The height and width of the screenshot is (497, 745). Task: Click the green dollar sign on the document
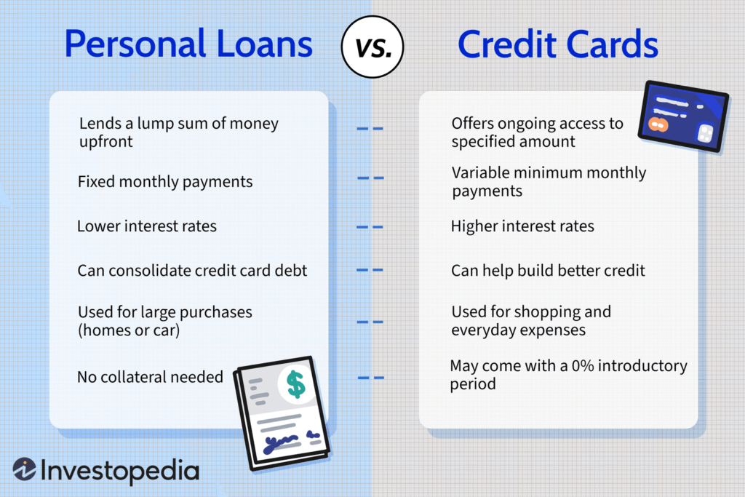(x=295, y=384)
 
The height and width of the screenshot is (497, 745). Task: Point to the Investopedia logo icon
(x=25, y=470)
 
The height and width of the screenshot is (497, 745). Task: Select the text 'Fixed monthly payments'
(x=165, y=182)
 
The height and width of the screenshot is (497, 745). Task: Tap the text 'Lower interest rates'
(x=147, y=226)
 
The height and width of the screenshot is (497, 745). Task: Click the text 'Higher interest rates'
(x=522, y=226)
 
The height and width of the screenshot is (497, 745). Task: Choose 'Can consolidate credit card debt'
(x=192, y=271)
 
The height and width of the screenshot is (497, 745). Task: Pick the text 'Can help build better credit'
(x=548, y=271)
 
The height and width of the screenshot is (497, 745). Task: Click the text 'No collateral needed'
(x=150, y=377)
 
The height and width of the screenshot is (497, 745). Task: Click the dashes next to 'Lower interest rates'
(x=370, y=227)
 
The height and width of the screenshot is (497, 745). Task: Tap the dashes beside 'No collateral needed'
(x=371, y=378)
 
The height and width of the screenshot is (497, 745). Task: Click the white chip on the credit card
(x=705, y=134)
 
